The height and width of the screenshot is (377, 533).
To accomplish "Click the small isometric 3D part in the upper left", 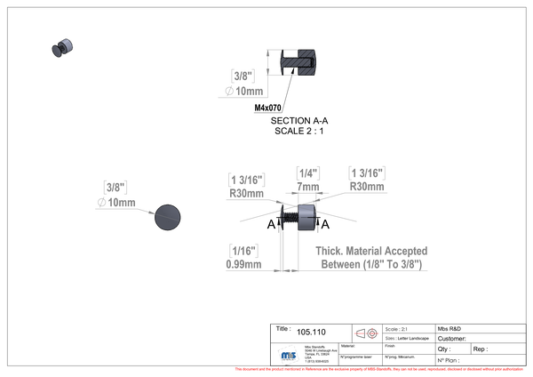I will (x=61, y=47).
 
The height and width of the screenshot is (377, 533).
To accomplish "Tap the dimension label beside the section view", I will (x=243, y=83).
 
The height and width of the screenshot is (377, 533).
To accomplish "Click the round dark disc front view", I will (x=167, y=217).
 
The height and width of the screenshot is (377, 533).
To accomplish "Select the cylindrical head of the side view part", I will (x=306, y=217).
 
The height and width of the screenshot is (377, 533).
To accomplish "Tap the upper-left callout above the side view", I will (x=246, y=182).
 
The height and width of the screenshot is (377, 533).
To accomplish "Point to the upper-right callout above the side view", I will (x=366, y=178).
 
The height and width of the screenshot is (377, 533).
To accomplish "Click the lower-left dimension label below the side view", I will (x=243, y=256).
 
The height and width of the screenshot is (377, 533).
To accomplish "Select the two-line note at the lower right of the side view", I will (x=373, y=257).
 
